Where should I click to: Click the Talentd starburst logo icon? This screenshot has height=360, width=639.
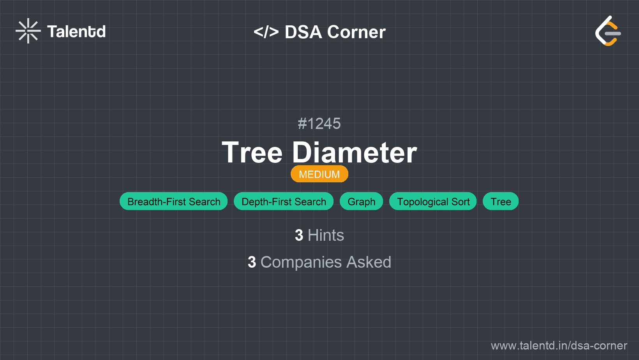click(28, 31)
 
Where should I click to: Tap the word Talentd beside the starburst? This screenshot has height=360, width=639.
click(76, 32)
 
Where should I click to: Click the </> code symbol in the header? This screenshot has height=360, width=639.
click(266, 32)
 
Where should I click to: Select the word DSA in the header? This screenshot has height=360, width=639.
click(303, 32)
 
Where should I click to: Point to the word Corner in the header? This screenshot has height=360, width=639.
click(356, 32)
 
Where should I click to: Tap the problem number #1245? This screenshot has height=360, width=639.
click(319, 124)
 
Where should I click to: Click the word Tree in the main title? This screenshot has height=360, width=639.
click(252, 153)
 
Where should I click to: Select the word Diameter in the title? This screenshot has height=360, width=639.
click(354, 153)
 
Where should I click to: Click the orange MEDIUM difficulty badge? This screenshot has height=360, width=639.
click(319, 174)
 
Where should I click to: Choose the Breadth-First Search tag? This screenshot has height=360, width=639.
click(173, 201)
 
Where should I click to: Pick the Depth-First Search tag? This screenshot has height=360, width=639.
click(284, 201)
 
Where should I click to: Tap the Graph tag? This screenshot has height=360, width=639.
click(361, 201)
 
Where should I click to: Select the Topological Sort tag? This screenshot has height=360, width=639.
click(433, 201)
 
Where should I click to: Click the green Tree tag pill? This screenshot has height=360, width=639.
click(501, 201)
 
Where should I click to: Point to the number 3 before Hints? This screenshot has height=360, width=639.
click(299, 235)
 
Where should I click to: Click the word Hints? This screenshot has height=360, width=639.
click(326, 235)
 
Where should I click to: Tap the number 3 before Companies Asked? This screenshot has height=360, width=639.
click(252, 262)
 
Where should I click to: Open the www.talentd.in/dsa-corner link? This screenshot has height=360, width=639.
click(559, 346)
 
